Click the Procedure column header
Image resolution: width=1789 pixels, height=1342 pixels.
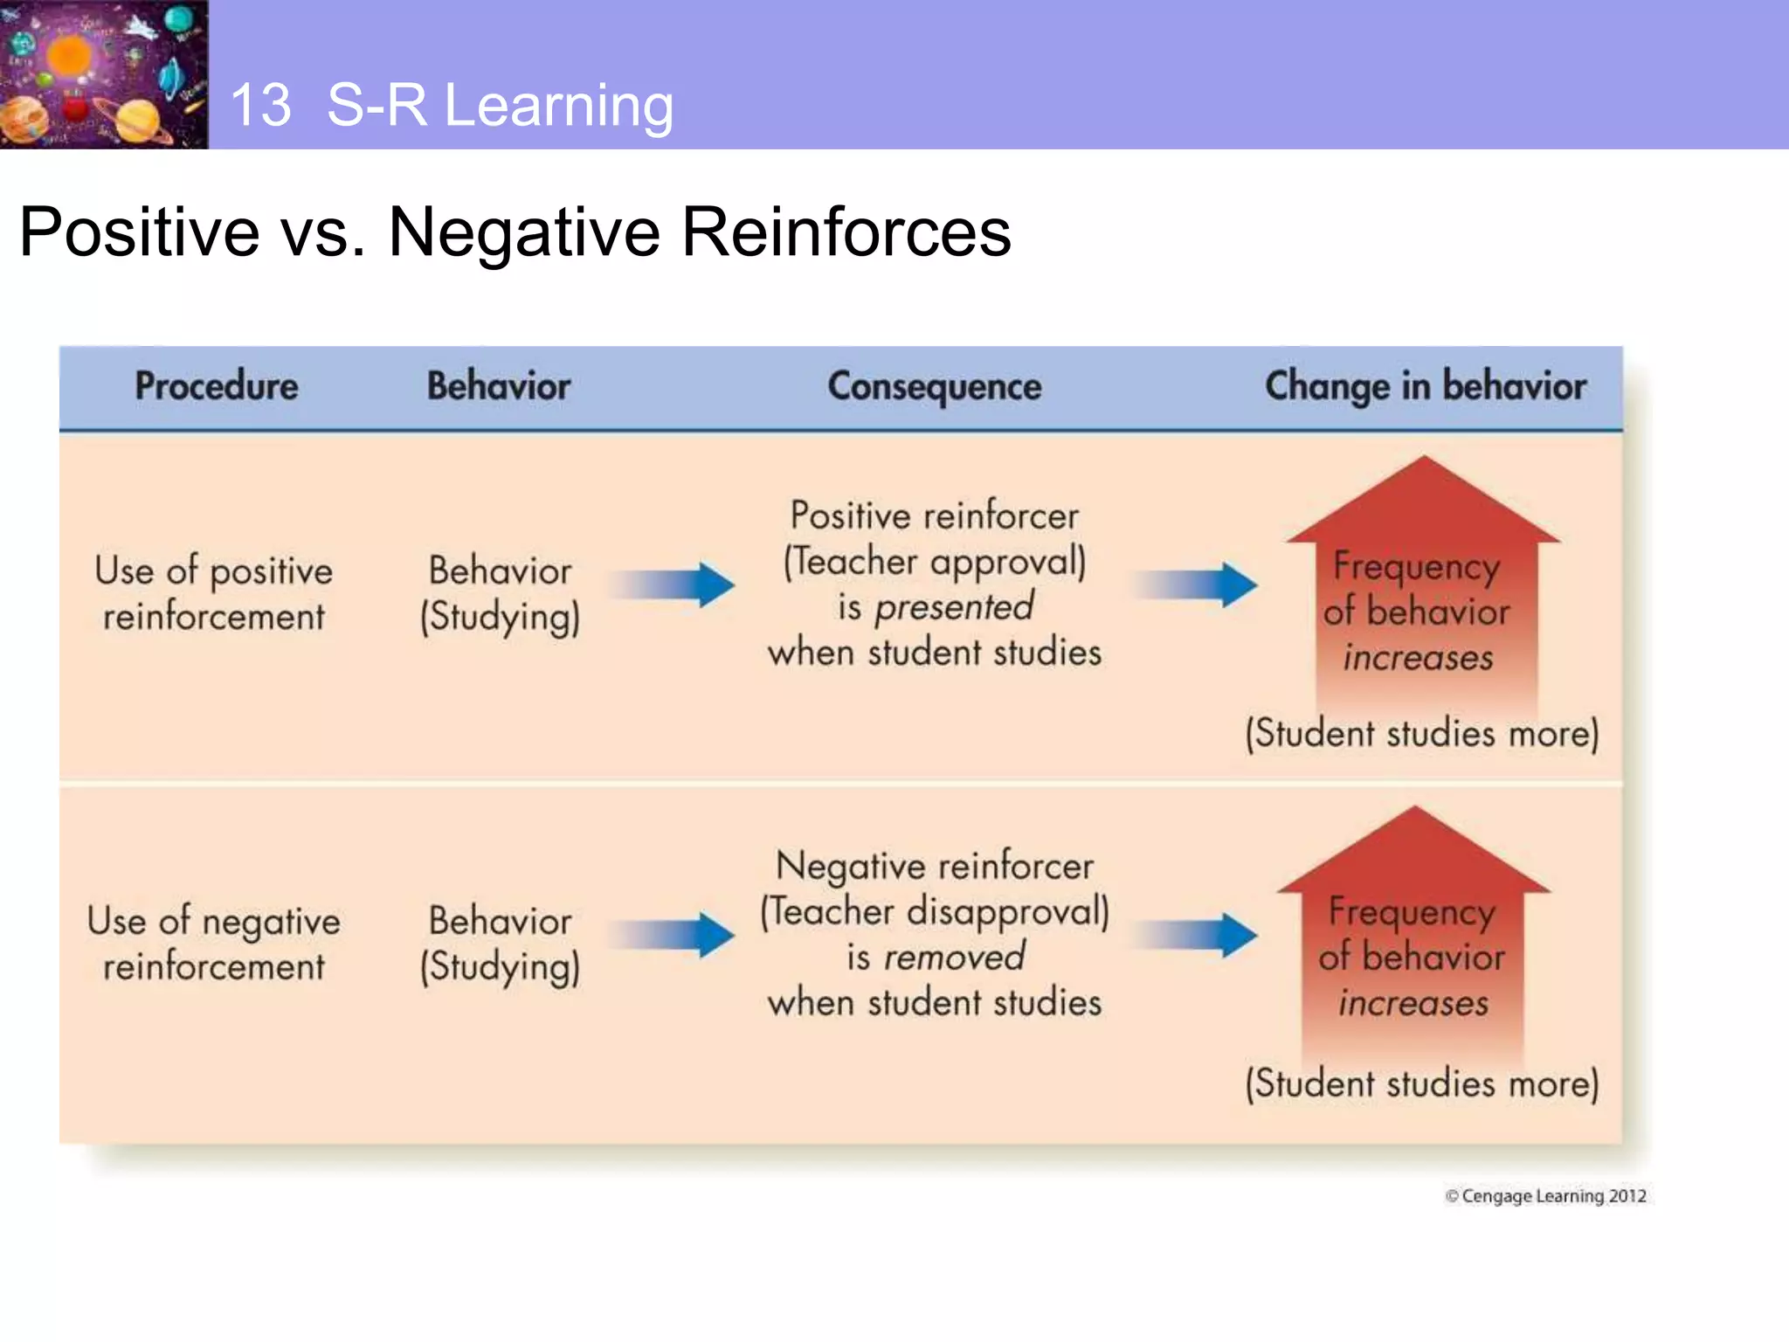[x=216, y=386]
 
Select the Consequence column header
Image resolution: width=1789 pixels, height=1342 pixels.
[x=934, y=387]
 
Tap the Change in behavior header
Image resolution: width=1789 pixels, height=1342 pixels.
[x=1425, y=386]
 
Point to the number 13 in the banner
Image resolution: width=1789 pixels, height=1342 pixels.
[x=260, y=106]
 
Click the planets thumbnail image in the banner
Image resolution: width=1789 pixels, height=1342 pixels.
[x=103, y=74]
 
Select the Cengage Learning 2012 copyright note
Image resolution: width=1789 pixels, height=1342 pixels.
[x=1545, y=1196]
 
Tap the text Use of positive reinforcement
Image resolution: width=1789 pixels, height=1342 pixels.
[x=214, y=593]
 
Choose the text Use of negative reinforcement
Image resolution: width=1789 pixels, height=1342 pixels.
[x=214, y=944]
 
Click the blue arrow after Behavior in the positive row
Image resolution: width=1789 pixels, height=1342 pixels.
[x=673, y=585]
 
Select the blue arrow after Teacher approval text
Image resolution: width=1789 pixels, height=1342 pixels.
[x=1196, y=585]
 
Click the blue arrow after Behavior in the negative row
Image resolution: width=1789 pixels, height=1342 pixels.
[x=673, y=936]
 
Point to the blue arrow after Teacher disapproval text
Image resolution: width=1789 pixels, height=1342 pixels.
[x=1196, y=936]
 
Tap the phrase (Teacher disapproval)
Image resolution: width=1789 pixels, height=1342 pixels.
[x=934, y=912]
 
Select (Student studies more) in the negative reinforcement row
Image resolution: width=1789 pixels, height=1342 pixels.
[x=1421, y=1084]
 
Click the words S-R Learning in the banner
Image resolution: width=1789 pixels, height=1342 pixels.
[x=500, y=106]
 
